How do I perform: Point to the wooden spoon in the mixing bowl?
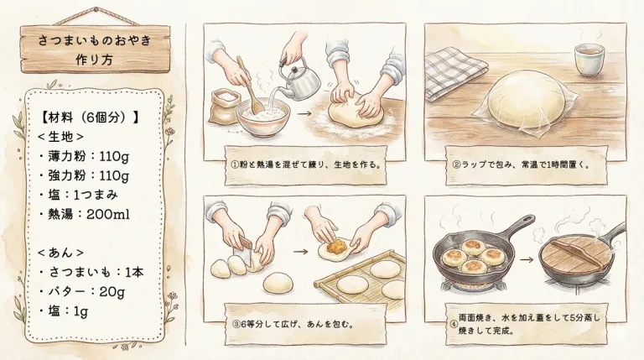247,84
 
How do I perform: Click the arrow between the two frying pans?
525,260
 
